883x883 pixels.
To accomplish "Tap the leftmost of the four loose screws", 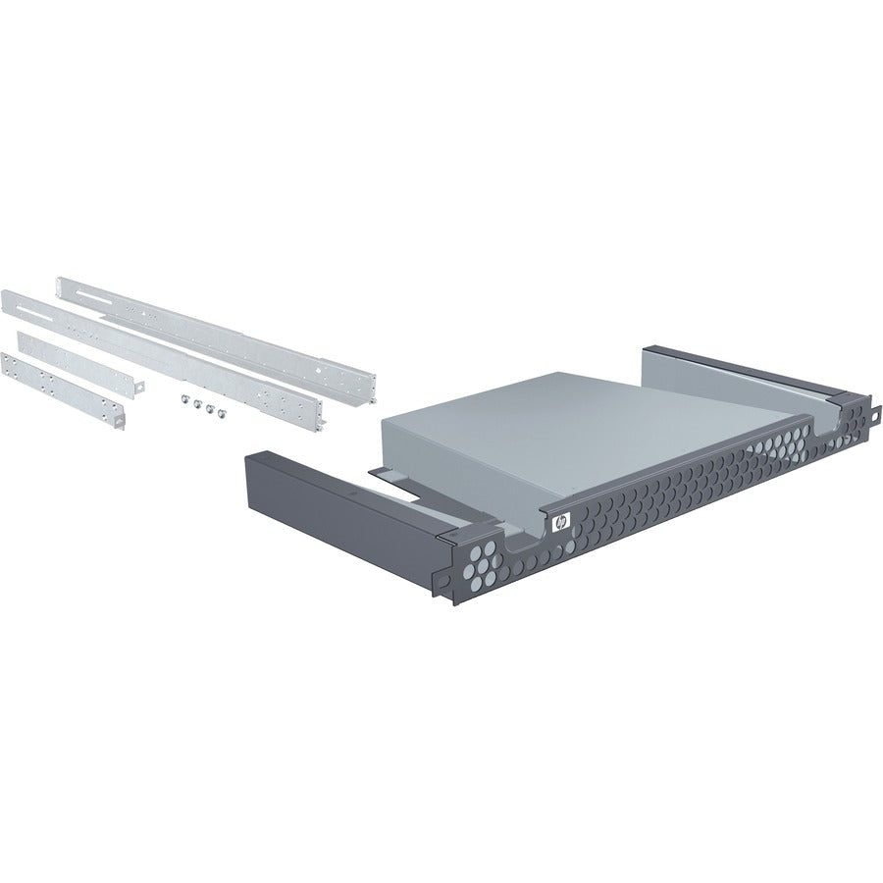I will (x=183, y=398).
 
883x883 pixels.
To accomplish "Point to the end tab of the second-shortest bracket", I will (x=140, y=385).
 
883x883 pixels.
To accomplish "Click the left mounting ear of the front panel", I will (x=449, y=579).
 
